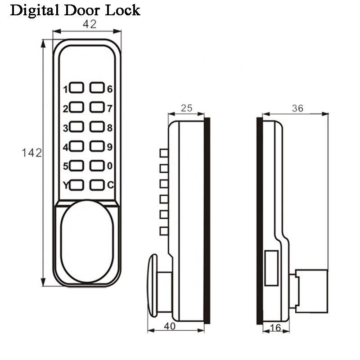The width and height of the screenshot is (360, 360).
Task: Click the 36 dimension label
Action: (x=297, y=108)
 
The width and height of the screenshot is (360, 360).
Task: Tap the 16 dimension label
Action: (x=274, y=329)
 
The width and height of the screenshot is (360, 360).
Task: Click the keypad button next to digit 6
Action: (x=97, y=87)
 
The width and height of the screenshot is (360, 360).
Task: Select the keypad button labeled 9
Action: (x=97, y=146)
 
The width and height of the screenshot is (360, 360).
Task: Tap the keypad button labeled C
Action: (x=97, y=184)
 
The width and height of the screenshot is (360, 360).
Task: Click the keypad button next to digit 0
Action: (x=97, y=166)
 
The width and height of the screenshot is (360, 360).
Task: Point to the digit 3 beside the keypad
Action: (x=66, y=128)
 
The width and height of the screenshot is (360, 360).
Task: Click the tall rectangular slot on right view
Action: (x=271, y=269)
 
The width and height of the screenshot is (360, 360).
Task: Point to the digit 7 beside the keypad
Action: (x=109, y=108)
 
